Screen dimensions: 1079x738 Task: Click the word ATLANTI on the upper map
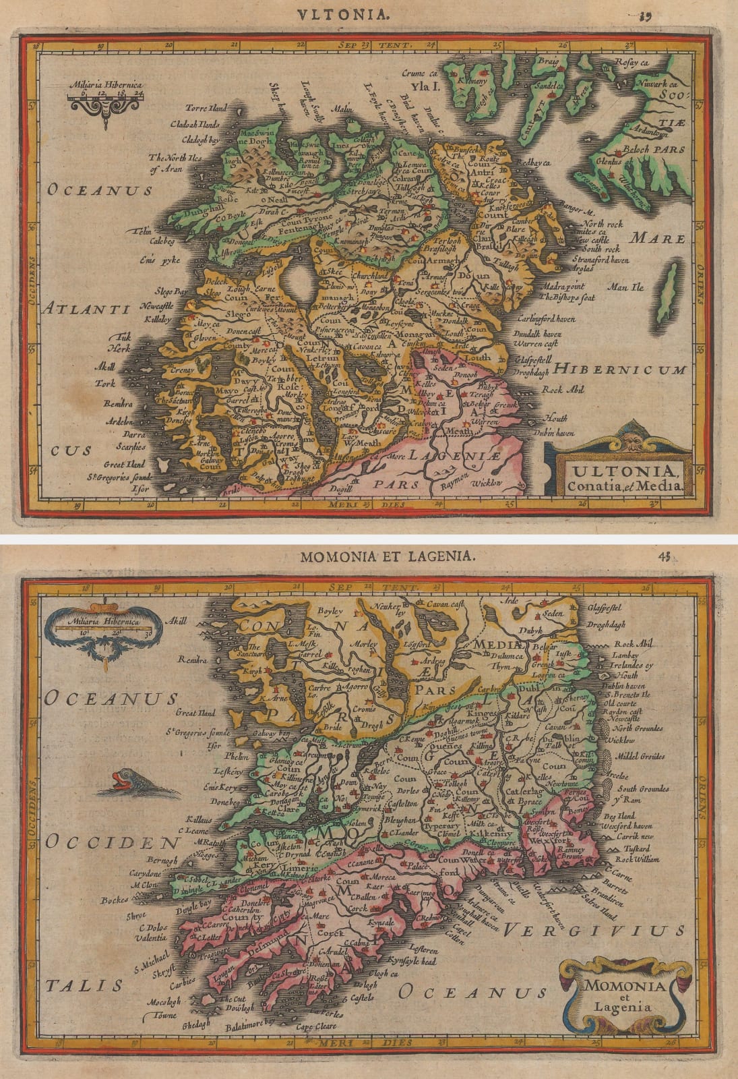[86, 310]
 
